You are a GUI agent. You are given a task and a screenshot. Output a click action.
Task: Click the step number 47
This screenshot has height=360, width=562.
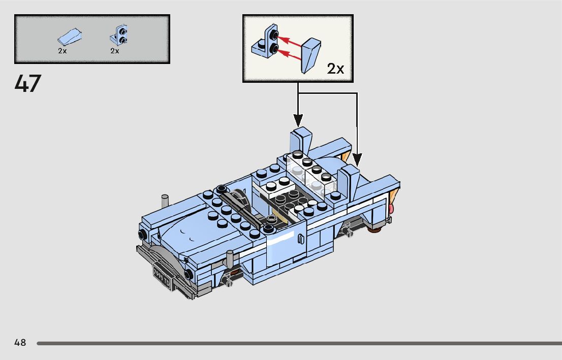[28, 84]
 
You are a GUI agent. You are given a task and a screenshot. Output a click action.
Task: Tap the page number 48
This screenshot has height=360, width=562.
[20, 342]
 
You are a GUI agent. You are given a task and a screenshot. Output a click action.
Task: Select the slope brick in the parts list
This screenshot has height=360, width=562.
[70, 37]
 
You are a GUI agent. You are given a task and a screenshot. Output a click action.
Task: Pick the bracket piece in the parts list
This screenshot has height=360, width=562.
[118, 35]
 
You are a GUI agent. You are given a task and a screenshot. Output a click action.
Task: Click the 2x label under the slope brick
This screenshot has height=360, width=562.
[63, 51]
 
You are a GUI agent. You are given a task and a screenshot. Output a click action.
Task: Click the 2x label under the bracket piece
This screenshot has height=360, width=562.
[115, 51]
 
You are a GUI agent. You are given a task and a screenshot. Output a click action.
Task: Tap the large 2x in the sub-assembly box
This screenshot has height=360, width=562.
[335, 69]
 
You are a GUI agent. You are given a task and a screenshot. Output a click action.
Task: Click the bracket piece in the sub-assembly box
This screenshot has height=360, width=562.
[265, 42]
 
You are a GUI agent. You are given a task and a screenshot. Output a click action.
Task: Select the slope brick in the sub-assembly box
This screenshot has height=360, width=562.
[311, 55]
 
